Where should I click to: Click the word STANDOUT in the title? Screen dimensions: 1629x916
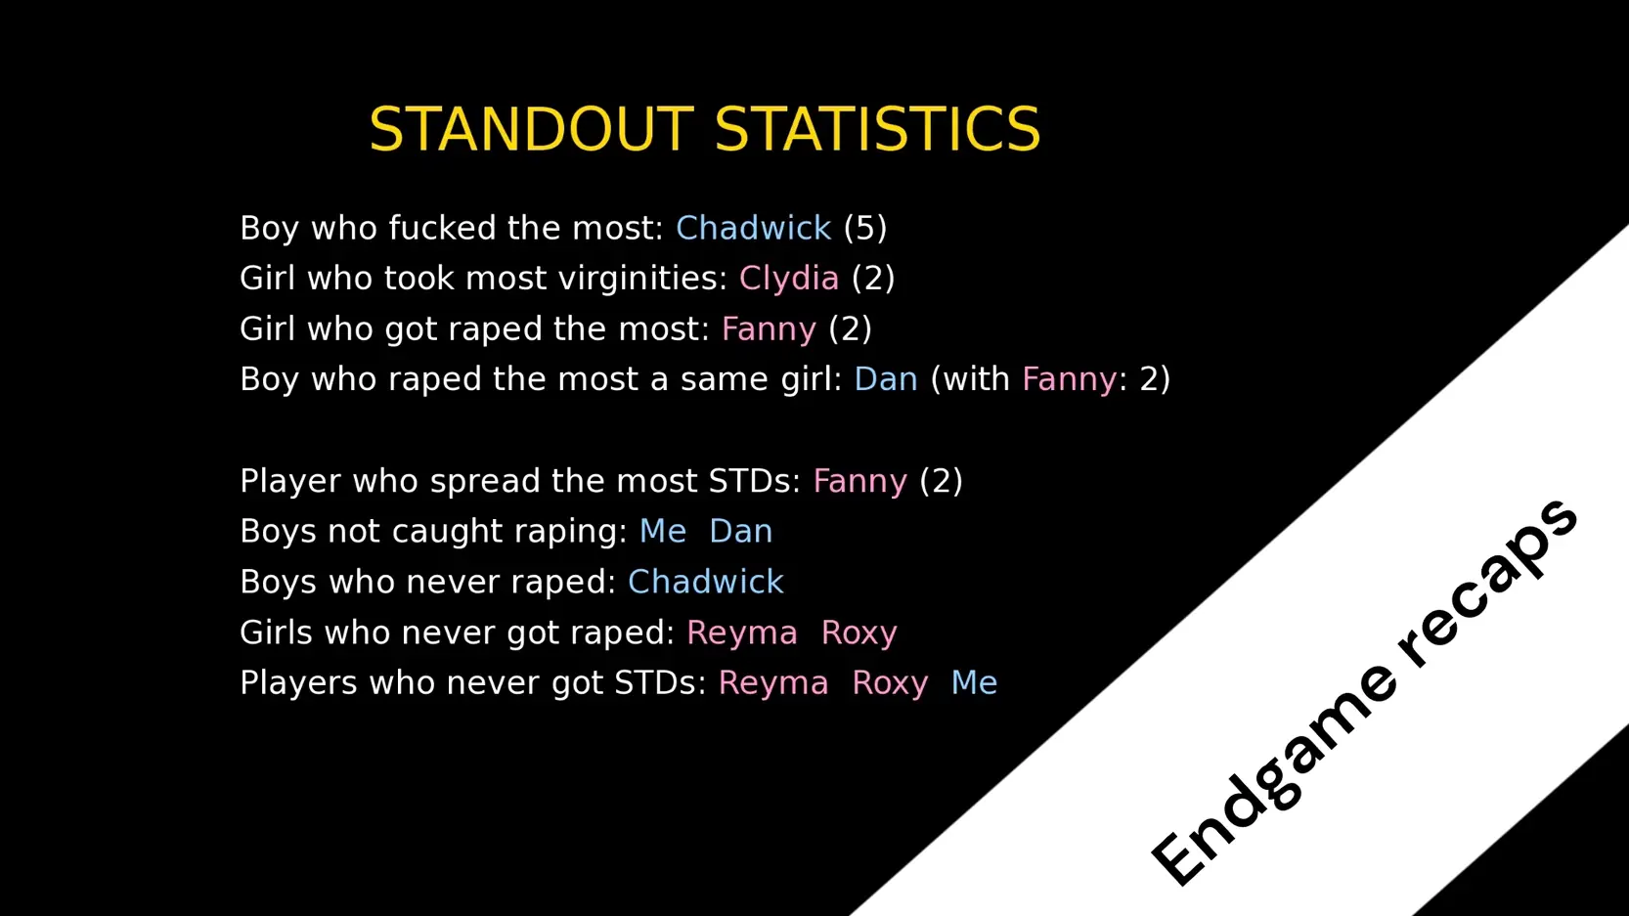[x=532, y=129]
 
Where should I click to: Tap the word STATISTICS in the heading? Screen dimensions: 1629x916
[x=878, y=129]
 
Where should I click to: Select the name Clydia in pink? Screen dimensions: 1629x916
[x=789, y=279]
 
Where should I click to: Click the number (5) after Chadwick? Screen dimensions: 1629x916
[x=865, y=229]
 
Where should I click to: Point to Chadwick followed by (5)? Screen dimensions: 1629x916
[x=754, y=229]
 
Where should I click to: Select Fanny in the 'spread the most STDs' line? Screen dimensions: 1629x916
[x=860, y=481]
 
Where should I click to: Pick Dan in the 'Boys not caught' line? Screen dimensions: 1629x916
[x=740, y=532]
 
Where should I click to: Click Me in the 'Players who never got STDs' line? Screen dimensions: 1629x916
[x=975, y=683]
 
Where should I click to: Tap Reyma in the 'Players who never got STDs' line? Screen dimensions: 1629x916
[x=773, y=683]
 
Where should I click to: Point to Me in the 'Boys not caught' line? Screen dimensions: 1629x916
[x=663, y=532]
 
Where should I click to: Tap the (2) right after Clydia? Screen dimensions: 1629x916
[x=873, y=279]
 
